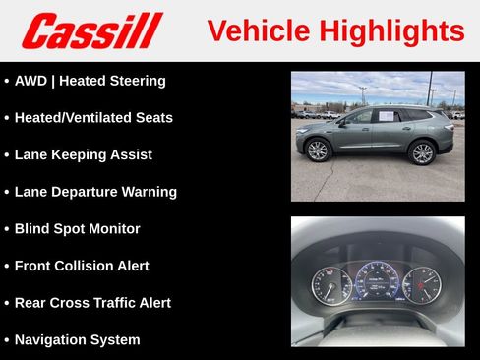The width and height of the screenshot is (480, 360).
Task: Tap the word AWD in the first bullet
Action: [x=31, y=81]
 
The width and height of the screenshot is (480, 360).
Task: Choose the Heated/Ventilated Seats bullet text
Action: [x=93, y=118]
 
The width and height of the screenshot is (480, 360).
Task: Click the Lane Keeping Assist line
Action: [x=84, y=154]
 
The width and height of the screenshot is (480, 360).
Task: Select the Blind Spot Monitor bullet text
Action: [x=78, y=229]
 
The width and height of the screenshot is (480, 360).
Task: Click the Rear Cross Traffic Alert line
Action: [x=92, y=303]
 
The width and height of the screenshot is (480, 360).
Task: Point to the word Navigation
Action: [x=50, y=340]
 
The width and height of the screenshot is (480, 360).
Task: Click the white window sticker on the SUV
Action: [x=387, y=116]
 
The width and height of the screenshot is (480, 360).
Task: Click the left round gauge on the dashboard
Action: [x=331, y=284]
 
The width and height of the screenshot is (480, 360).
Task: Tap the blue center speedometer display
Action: [x=376, y=280]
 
